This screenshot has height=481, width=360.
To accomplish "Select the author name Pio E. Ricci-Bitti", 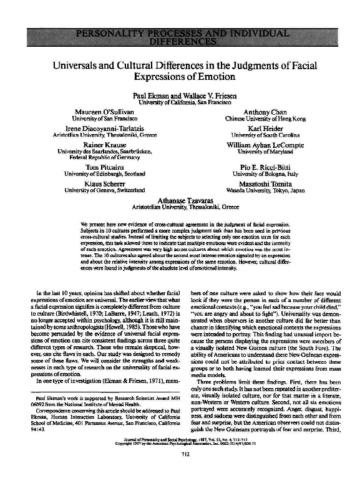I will click(x=248, y=167).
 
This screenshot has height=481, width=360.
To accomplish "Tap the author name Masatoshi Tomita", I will click(x=248, y=183).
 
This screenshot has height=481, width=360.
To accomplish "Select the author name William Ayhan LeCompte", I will click(x=248, y=143).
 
